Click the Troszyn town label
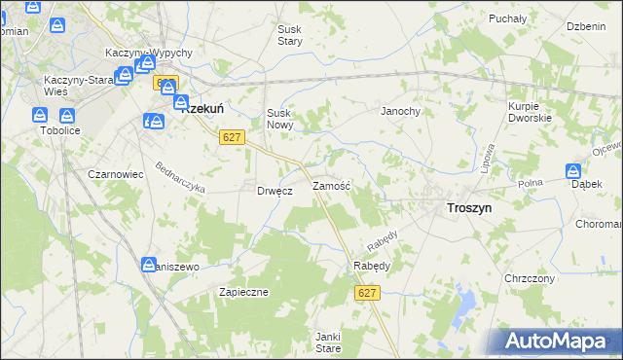(x=468, y=208)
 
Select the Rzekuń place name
(x=205, y=110)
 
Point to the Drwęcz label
(x=275, y=191)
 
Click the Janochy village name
(x=399, y=111)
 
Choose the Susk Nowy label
(x=280, y=119)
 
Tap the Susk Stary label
(x=290, y=36)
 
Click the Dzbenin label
(x=586, y=25)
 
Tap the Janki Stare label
(x=327, y=342)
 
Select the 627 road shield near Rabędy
(x=366, y=293)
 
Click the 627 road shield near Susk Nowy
(x=231, y=138)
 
